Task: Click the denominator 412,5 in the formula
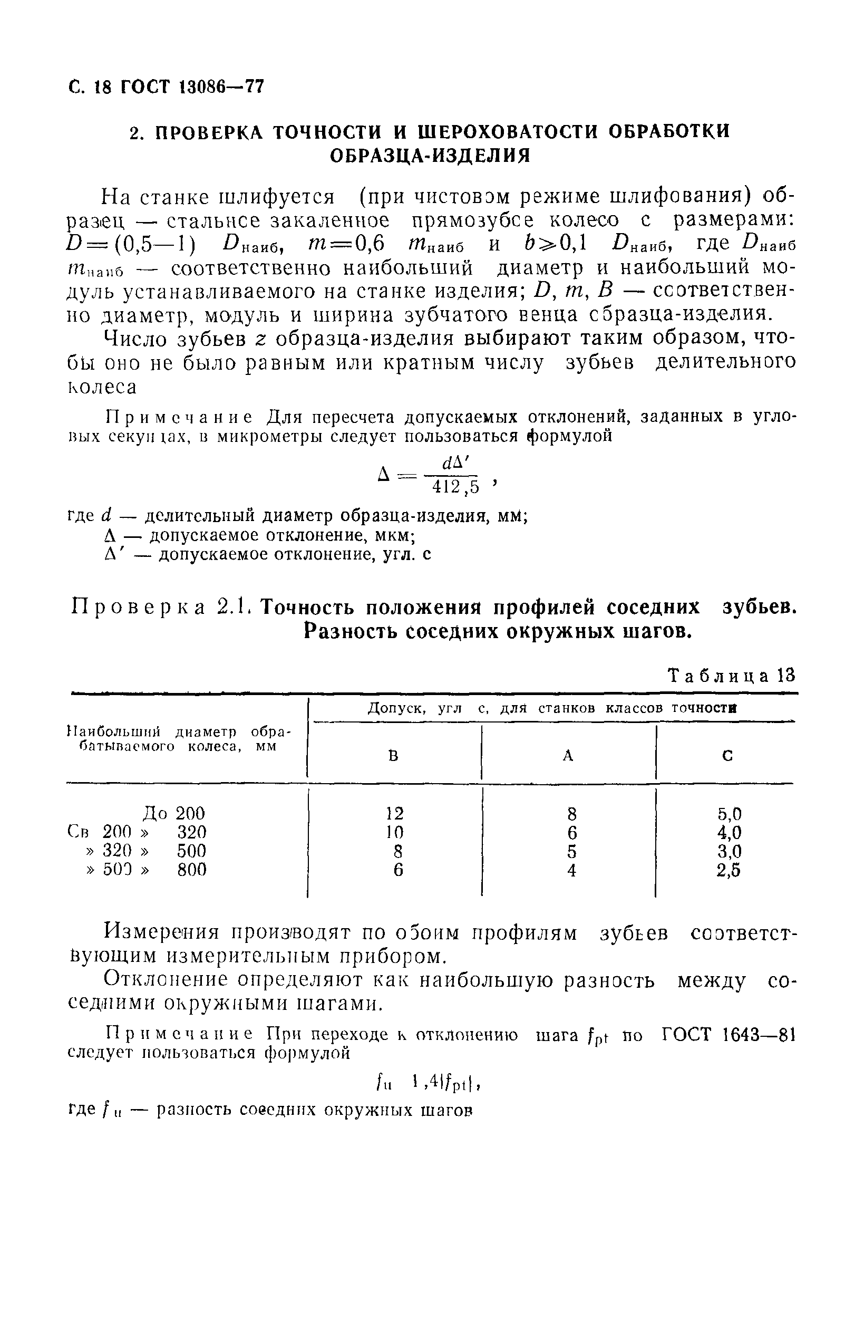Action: coord(455,486)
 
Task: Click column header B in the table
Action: coord(393,756)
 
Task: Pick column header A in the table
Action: coord(568,756)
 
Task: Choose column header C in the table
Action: coord(727,756)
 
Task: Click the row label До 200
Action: coord(173,813)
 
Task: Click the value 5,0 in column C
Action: coord(729,813)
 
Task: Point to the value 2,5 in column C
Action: coord(729,871)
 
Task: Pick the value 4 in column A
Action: coord(572,871)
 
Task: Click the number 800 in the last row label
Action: coord(191,870)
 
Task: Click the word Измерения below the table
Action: coord(162,932)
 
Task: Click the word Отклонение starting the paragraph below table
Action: coord(166,980)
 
